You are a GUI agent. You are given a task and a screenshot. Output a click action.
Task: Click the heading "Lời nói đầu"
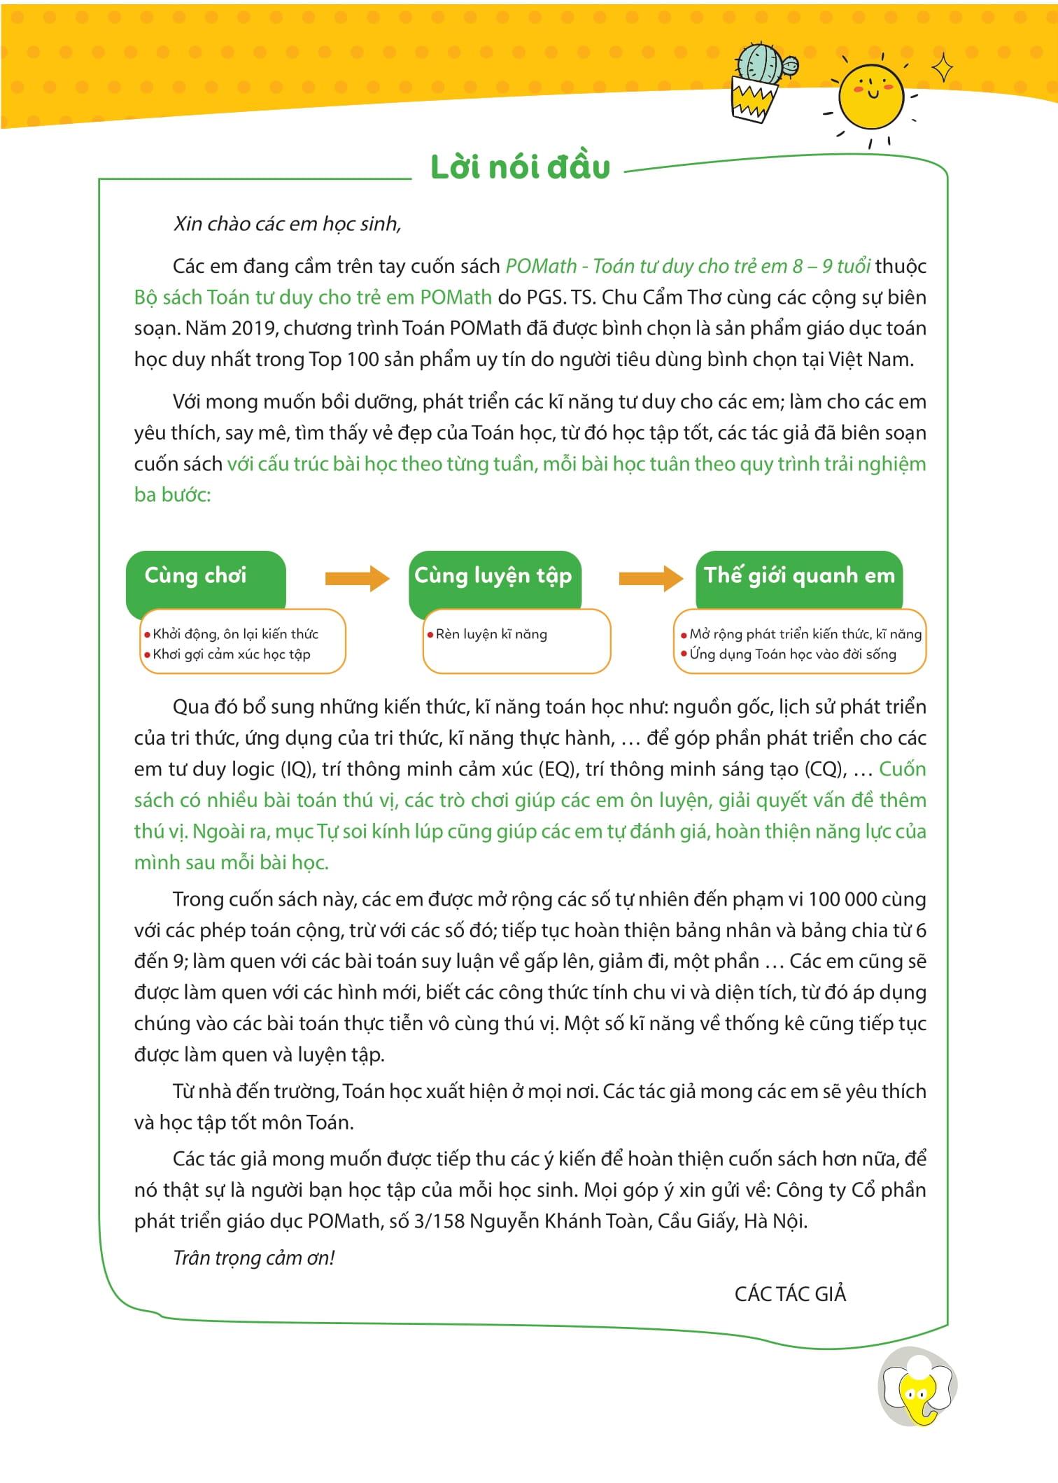point(520,167)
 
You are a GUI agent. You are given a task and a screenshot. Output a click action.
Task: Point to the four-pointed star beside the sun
point(943,69)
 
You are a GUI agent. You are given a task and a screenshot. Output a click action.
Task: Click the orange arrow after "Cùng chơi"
point(357,578)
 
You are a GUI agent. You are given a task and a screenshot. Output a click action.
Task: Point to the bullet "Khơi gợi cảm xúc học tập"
point(231,654)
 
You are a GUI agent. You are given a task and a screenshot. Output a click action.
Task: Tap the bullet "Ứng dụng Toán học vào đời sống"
point(792,654)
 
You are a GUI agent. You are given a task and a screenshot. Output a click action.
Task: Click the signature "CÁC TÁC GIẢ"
point(790,1294)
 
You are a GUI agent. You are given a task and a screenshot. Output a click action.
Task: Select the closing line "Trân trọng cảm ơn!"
point(254,1258)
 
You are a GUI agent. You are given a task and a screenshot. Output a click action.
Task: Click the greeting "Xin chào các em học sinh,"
point(287,224)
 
